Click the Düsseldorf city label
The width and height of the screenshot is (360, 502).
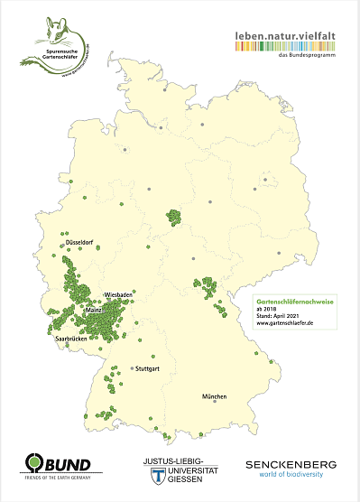pyautogui.click(x=79, y=243)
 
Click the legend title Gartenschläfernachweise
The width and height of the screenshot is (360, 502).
pyautogui.click(x=286, y=298)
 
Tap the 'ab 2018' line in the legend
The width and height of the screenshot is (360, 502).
pyautogui.click(x=264, y=306)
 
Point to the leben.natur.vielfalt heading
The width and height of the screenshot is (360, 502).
pyautogui.click(x=284, y=37)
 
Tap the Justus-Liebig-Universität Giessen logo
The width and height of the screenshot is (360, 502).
pyautogui.click(x=180, y=467)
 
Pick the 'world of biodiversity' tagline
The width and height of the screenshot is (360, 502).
pyautogui.click(x=290, y=475)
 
